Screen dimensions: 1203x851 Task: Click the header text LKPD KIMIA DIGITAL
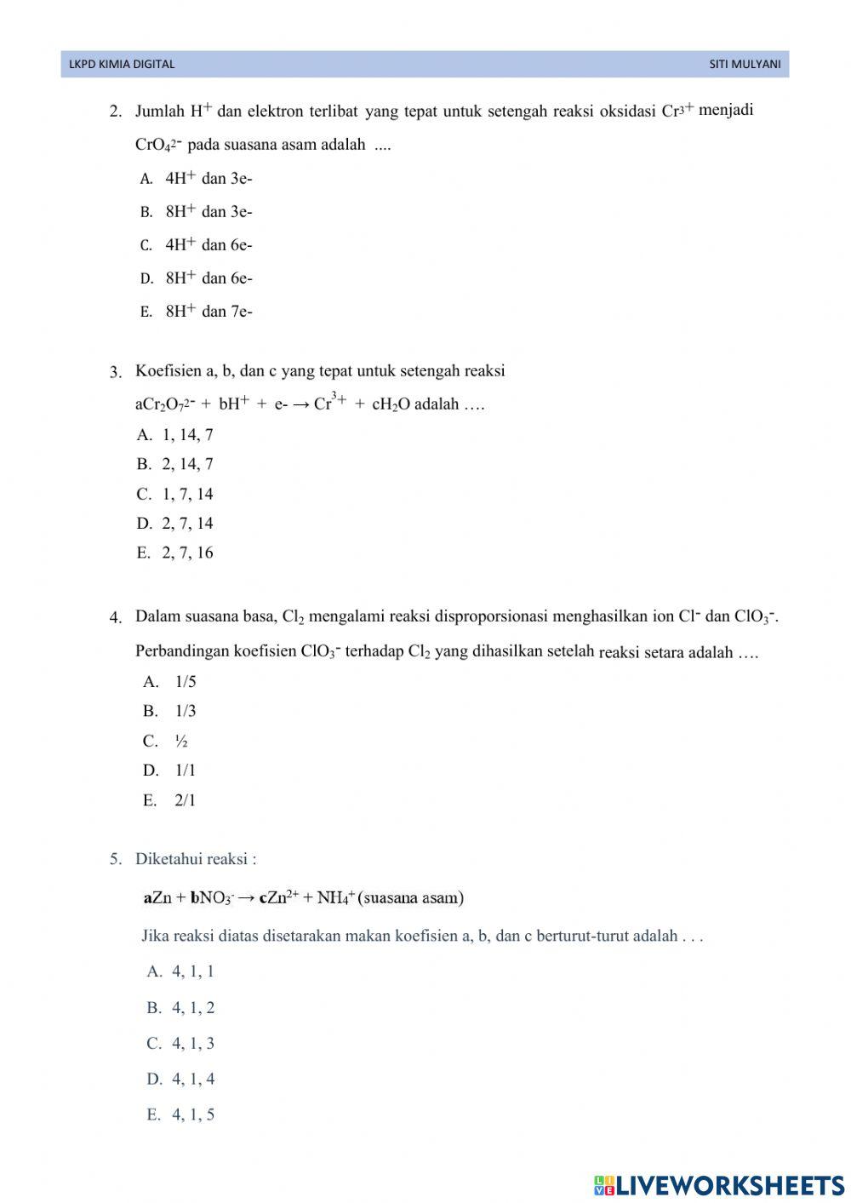coord(122,64)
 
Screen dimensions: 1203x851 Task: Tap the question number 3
coord(115,372)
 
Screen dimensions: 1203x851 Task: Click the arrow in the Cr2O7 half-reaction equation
coord(301,404)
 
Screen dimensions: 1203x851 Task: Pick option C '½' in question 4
coord(181,742)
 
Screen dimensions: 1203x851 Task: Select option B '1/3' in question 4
coord(185,711)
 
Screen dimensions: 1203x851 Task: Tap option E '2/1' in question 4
coord(185,800)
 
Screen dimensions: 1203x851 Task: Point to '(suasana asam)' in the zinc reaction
coord(411,897)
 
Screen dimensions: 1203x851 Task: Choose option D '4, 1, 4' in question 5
coord(192,1080)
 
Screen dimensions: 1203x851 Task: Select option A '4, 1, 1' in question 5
coord(192,971)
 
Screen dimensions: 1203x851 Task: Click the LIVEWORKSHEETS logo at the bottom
coord(719,1184)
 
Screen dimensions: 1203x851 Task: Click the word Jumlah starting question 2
coord(160,111)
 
